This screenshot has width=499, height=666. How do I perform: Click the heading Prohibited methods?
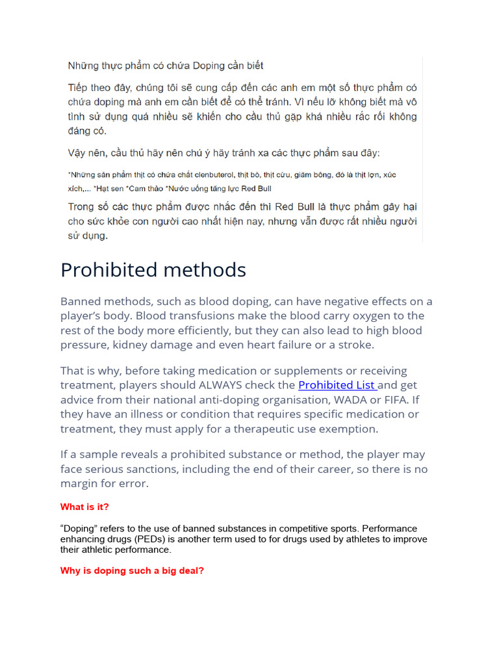153,270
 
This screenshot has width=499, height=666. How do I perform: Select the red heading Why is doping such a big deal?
132,571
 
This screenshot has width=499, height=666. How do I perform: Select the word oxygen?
366,316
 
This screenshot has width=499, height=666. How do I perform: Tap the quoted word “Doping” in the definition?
77,529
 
